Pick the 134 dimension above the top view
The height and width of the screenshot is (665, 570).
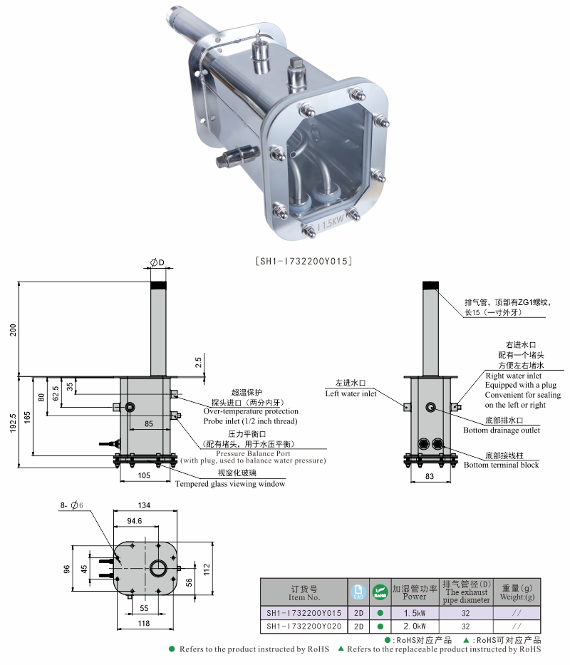coord(145,505)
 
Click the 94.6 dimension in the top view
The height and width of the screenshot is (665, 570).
coord(133,521)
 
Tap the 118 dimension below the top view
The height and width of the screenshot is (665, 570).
coord(145,623)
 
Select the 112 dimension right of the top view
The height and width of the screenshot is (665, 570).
coord(207,568)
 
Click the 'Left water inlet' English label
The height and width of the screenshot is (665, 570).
coord(351,393)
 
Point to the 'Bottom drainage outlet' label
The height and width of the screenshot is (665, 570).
coord(501,430)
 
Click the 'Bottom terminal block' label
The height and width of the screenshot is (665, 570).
coord(501,465)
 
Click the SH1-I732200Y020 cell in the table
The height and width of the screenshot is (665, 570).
coord(304,627)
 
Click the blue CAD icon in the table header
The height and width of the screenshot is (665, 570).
coord(358,591)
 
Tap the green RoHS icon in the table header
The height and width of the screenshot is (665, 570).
coord(380,591)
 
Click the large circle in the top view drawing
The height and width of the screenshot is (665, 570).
coord(158,568)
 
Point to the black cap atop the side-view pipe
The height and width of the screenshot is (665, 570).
coord(430,285)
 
